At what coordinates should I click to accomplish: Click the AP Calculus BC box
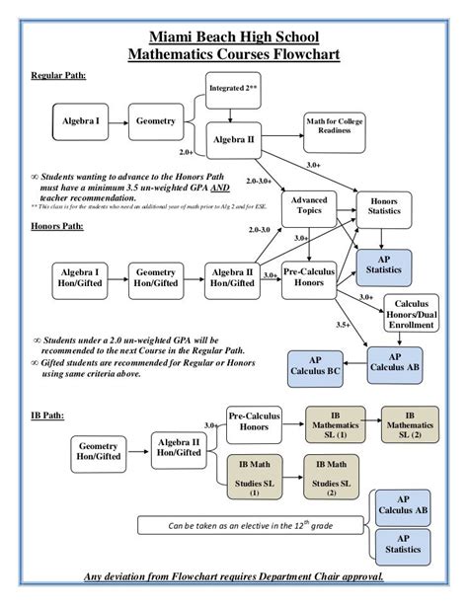[x=315, y=365]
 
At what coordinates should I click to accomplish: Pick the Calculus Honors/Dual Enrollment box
[x=414, y=314]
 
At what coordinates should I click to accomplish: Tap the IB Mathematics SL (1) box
[x=335, y=424]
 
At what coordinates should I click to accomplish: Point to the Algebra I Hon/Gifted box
[x=78, y=277]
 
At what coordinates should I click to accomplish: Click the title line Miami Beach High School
[x=233, y=35]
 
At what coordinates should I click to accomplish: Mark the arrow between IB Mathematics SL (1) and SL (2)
[x=373, y=424]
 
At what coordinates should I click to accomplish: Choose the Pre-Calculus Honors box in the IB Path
[x=255, y=423]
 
